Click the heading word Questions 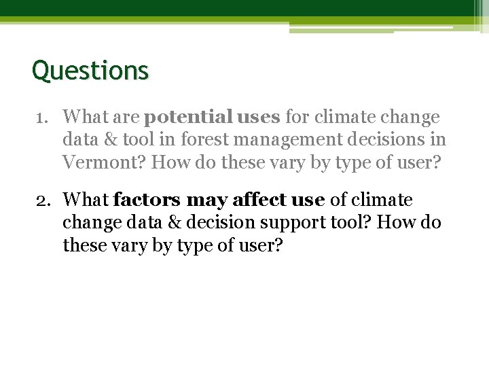pyautogui.click(x=90, y=71)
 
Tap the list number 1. pyautogui.click(x=41, y=118)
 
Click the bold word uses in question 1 pyautogui.click(x=255, y=118)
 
